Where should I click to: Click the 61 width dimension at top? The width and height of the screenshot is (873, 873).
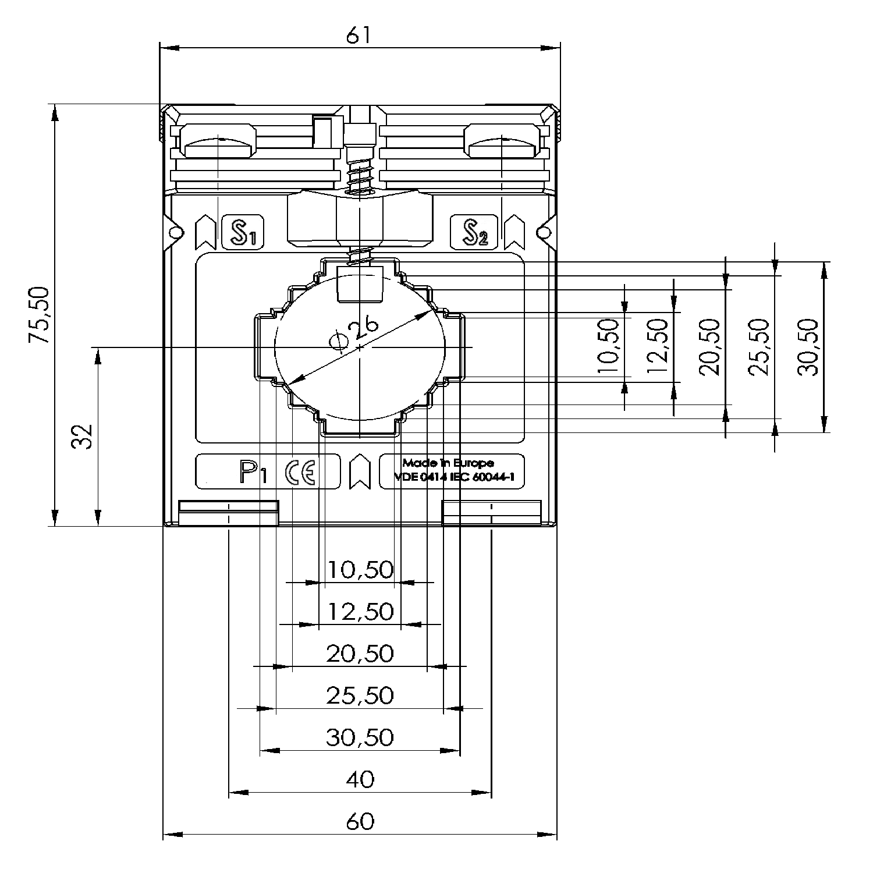point(359,36)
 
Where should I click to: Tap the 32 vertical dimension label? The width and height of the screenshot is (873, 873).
point(83,436)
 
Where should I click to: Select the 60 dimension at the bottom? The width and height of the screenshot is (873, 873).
point(360,821)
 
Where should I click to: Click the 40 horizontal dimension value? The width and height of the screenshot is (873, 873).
point(360,779)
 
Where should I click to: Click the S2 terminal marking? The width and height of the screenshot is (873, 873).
point(474,232)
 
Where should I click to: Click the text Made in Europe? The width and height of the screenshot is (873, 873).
point(448,463)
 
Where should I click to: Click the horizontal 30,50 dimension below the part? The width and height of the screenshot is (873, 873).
point(360,737)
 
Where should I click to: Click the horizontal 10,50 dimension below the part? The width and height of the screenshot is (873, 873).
point(360,569)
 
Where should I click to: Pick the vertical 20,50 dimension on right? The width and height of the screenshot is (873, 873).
point(710,347)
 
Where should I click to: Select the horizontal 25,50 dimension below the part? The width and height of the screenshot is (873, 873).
point(360,695)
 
